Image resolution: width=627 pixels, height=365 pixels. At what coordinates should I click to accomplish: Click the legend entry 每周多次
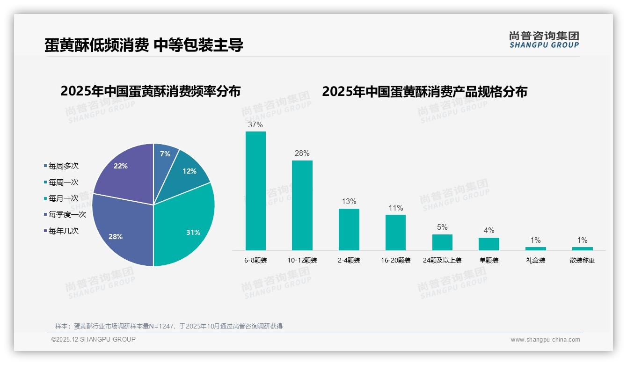tap(61, 166)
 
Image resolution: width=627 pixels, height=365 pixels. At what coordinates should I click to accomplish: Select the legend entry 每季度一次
tap(65, 214)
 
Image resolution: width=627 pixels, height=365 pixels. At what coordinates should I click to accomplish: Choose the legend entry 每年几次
tap(61, 231)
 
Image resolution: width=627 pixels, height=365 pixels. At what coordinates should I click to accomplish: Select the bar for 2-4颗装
tap(349, 229)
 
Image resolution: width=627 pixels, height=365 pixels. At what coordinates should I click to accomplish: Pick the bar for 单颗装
tap(488, 244)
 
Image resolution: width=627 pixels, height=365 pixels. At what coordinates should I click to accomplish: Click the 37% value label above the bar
tap(255, 125)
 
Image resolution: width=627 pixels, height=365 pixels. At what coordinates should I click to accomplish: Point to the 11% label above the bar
tap(395, 208)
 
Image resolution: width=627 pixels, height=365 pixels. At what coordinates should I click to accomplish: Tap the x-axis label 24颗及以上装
tap(442, 260)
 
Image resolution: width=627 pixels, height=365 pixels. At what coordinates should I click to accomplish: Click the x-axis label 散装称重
tap(582, 260)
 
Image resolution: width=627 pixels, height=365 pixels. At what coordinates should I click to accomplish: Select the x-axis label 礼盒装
tap(535, 260)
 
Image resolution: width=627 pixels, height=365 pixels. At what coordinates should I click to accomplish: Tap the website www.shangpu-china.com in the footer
tap(545, 340)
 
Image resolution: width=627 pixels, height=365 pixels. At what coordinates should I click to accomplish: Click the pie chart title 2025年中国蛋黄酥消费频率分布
tap(150, 91)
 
